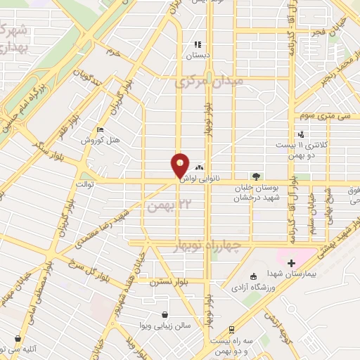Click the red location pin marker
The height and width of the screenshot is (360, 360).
point(180,166)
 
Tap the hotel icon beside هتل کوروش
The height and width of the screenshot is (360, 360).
point(101,130)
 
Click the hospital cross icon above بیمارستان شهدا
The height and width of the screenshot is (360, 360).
point(291,262)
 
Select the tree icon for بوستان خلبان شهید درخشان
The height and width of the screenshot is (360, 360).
point(257,176)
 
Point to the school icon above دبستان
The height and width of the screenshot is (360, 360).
point(199,44)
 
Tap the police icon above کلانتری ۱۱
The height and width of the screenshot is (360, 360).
point(301,134)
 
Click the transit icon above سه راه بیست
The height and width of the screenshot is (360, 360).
point(231,329)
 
